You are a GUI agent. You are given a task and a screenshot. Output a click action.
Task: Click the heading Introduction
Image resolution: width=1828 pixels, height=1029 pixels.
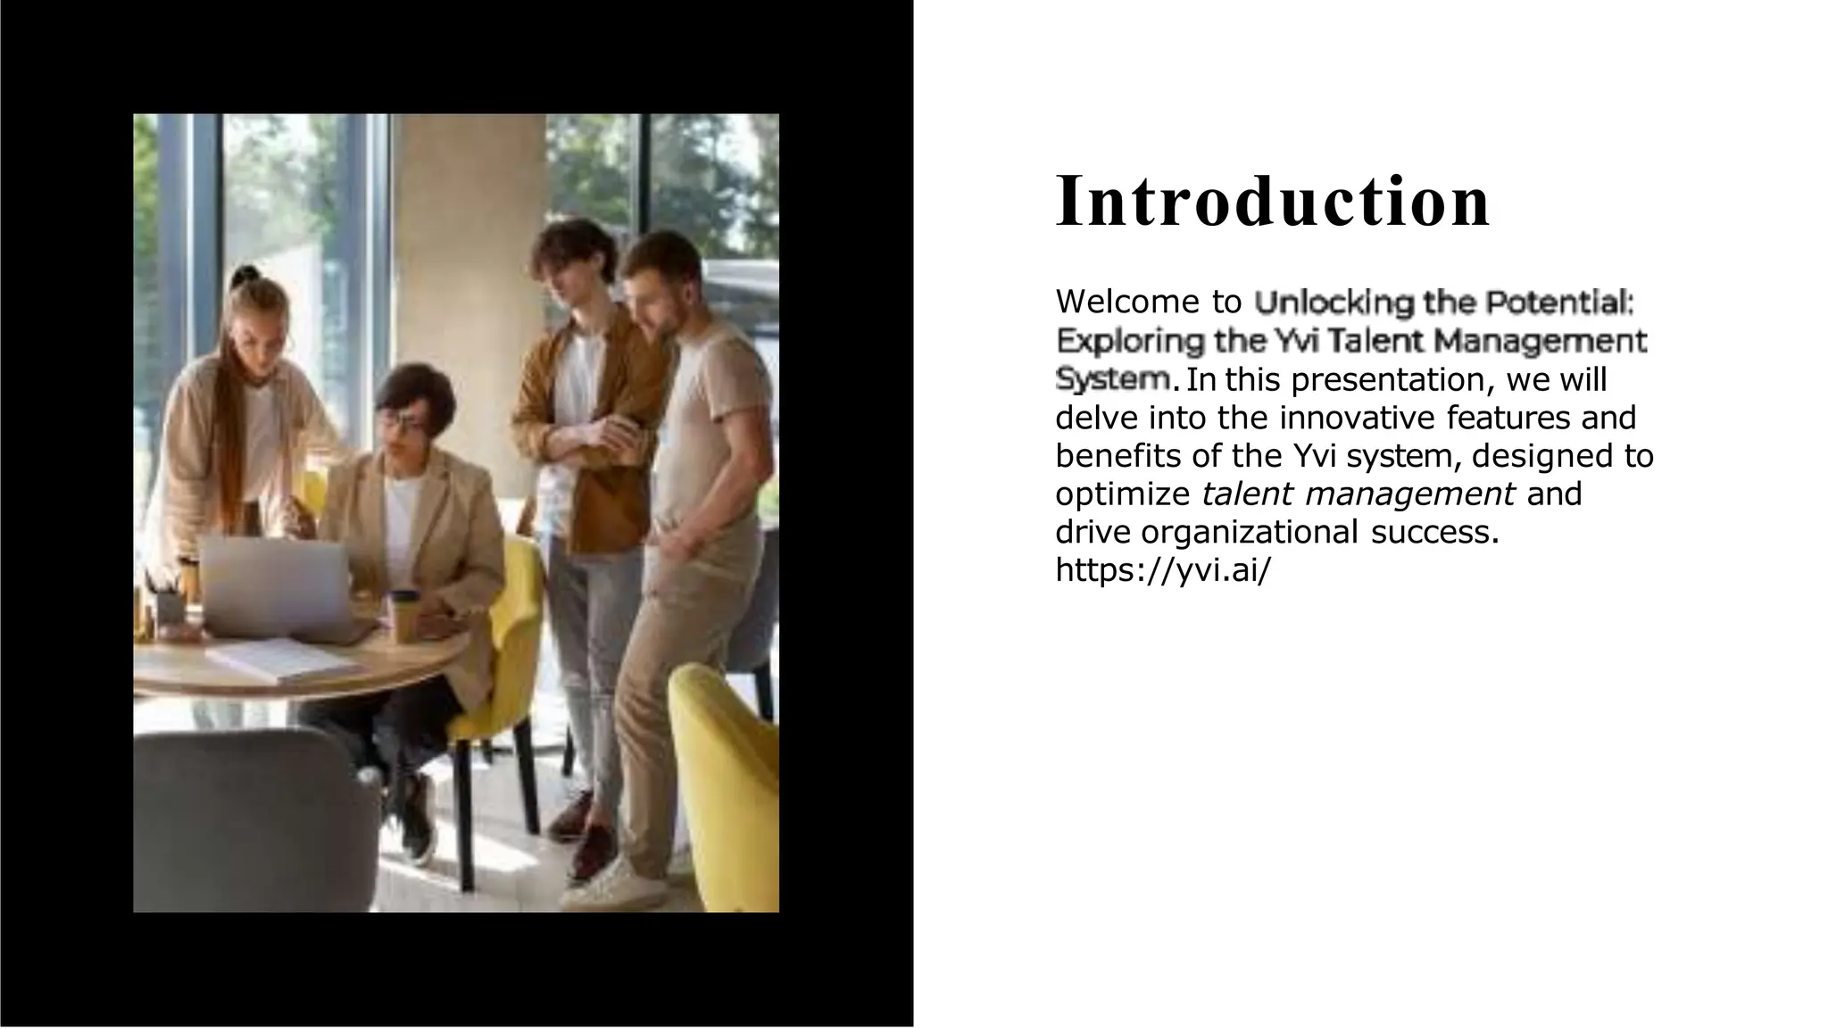[x=1272, y=202]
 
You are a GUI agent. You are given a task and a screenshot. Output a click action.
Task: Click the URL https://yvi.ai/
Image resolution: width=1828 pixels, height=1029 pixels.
[x=1162, y=570]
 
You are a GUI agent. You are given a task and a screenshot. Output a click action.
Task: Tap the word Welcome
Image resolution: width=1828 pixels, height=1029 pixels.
[x=1127, y=303]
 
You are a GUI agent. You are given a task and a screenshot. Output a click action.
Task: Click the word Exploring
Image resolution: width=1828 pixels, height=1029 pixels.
[x=1129, y=341]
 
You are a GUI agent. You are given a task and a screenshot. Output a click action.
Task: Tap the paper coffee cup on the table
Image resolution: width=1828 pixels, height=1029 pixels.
[x=404, y=616]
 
